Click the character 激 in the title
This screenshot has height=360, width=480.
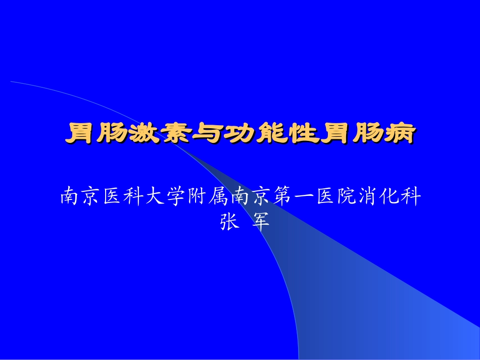point(139,134)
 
